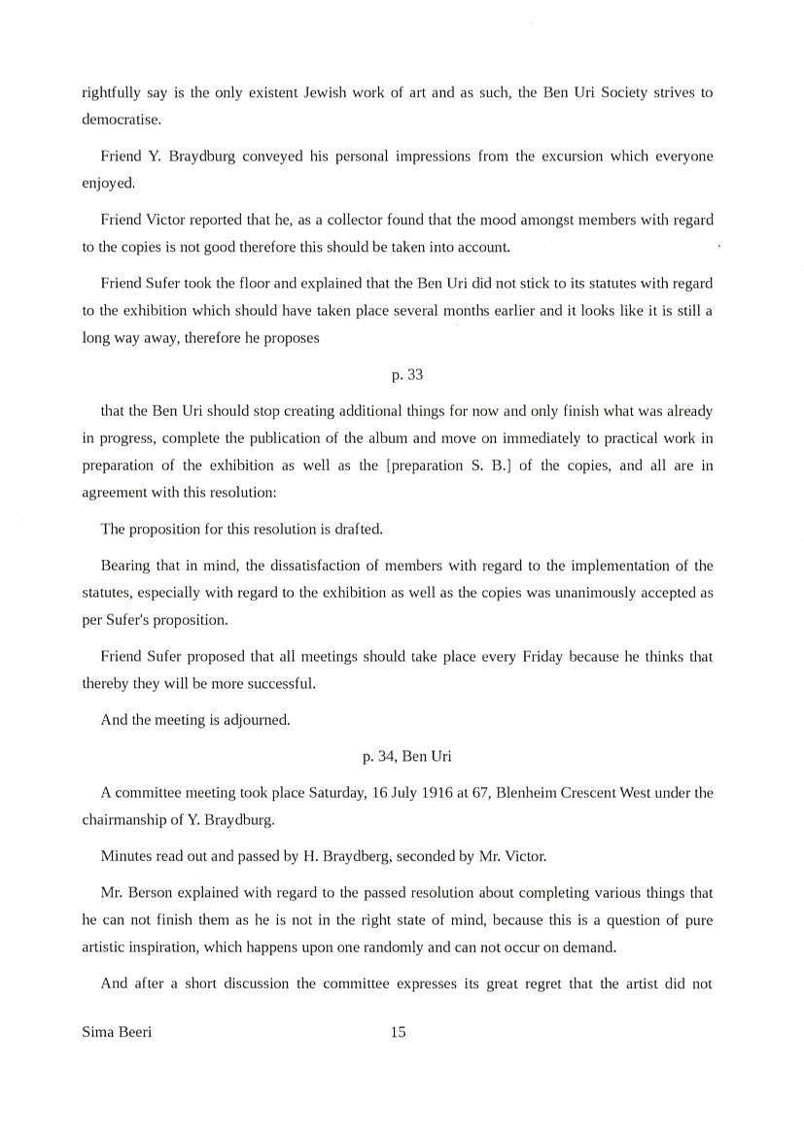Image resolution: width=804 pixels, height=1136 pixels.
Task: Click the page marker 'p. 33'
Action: pos(406,374)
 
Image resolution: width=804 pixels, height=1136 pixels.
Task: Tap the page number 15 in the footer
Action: pos(398,1032)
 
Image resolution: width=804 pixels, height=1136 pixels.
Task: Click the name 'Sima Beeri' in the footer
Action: pos(117,1032)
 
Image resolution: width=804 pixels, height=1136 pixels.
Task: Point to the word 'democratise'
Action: pos(113,120)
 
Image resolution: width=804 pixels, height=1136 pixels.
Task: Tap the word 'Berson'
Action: pos(156,892)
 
